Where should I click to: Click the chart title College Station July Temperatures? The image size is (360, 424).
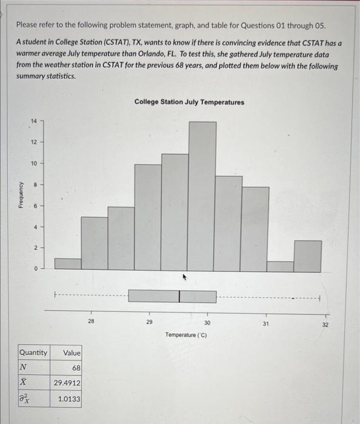click(x=189, y=102)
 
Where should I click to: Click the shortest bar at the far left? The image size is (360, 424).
click(x=67, y=263)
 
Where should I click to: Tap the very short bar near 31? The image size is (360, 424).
click(x=281, y=266)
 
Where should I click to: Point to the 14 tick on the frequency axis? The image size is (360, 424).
click(x=35, y=122)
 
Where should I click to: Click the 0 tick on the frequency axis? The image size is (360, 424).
click(x=35, y=268)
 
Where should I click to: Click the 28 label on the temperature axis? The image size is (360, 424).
click(x=91, y=322)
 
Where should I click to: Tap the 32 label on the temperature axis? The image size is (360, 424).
click(x=326, y=325)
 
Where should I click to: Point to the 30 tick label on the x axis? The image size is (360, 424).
click(x=207, y=323)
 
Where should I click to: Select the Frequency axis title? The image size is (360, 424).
click(x=22, y=195)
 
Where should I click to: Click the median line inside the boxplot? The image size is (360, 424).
click(x=179, y=296)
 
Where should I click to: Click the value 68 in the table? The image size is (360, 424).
click(x=76, y=368)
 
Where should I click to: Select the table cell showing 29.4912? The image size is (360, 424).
click(x=67, y=383)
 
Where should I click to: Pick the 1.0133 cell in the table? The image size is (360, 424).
click(x=69, y=399)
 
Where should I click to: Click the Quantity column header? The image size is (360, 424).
click(x=33, y=353)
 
